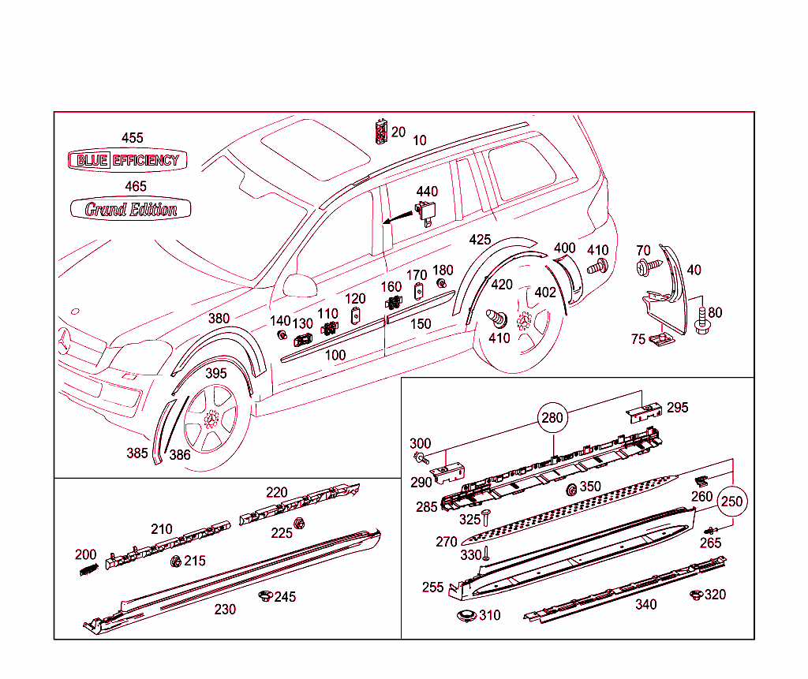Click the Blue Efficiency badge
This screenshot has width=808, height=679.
pos(127,160)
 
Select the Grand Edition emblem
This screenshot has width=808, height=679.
pos(130,209)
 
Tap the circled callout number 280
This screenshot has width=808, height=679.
pos(552,417)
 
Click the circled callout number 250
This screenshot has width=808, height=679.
pos(732,502)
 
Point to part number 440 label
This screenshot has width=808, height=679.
pos(427,192)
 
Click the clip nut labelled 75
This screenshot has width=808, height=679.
pos(659,339)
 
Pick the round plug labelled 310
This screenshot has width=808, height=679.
pos(466,616)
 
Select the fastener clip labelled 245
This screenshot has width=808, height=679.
pos(265,596)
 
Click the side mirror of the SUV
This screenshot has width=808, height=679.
pos(299,285)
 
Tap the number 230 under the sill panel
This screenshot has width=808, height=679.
pos(225,610)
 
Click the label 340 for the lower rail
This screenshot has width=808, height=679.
pos(645,605)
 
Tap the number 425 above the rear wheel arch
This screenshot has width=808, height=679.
pos(480,240)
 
